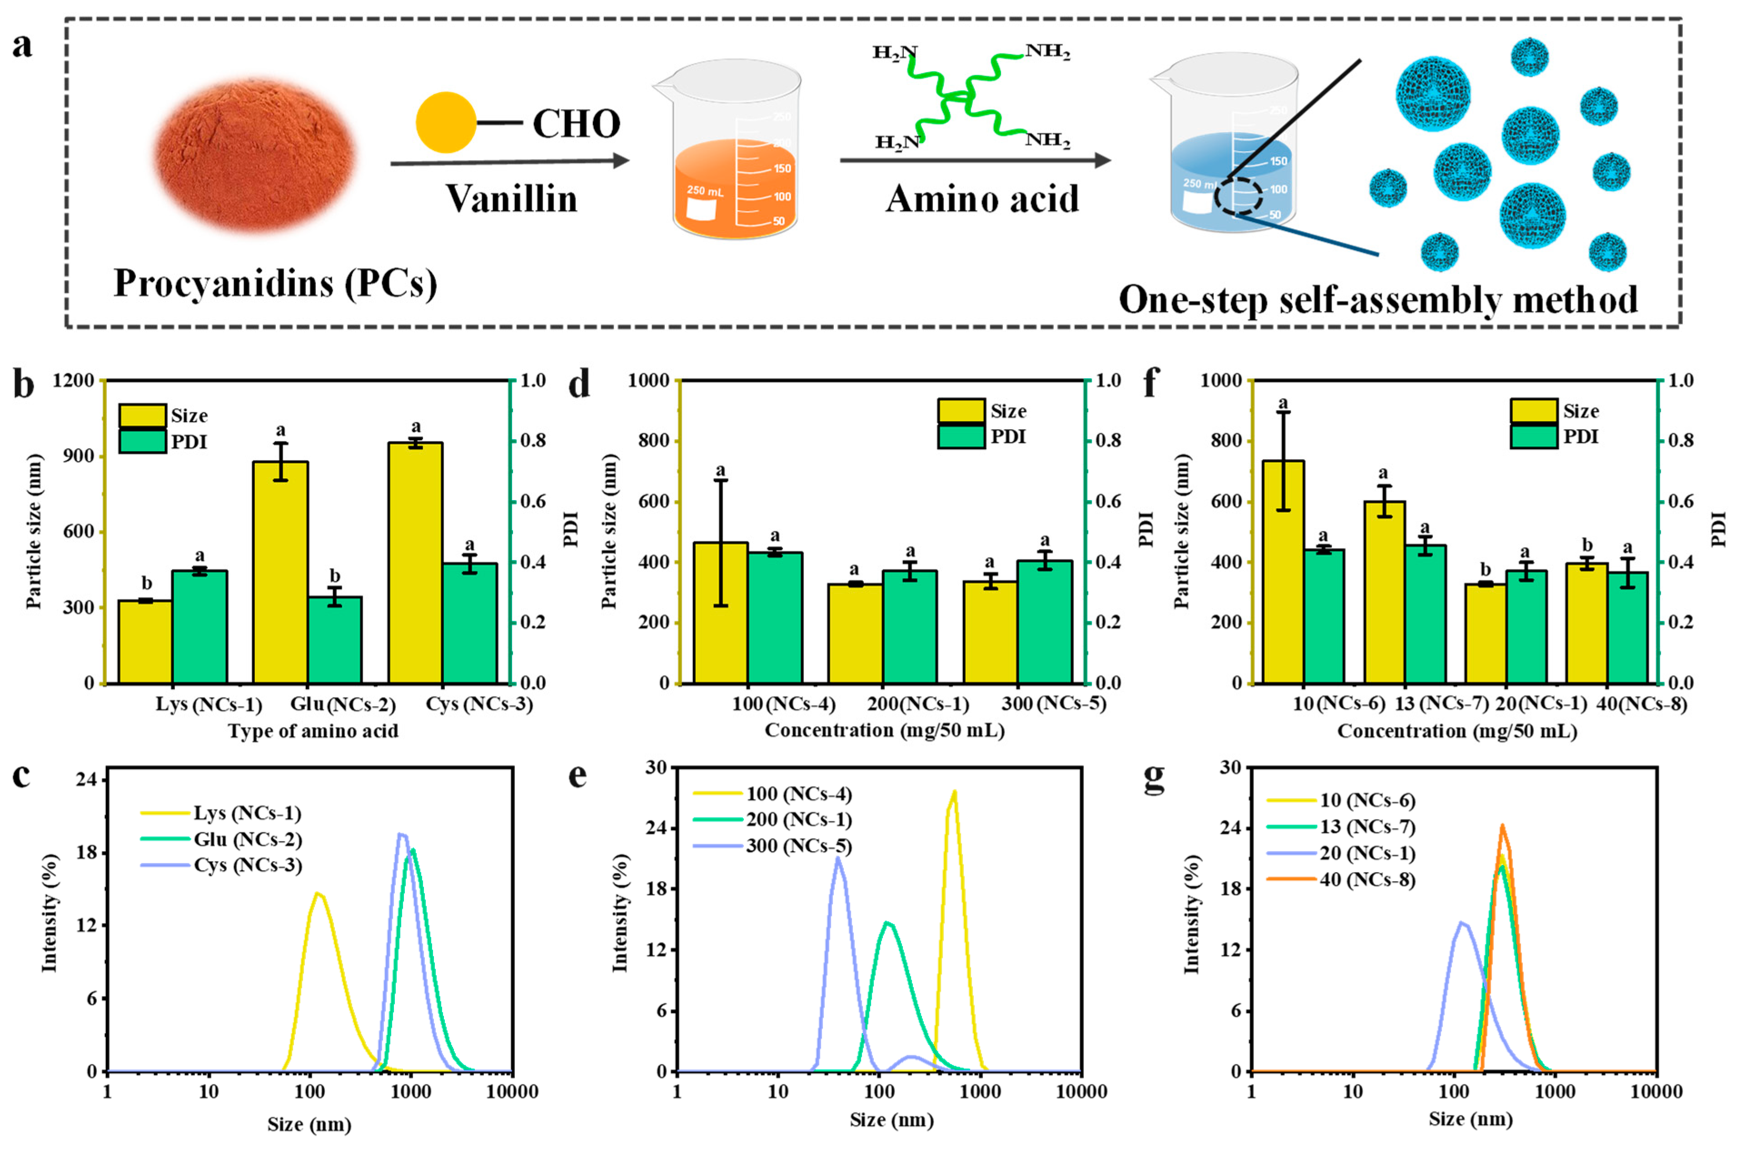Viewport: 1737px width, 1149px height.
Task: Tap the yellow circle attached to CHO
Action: pyautogui.click(x=445, y=122)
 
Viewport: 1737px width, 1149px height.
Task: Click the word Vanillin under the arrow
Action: pyautogui.click(x=511, y=199)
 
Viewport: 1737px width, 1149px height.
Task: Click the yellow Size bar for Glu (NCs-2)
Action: pyautogui.click(x=280, y=572)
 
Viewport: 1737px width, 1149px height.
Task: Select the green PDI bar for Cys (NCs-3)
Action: pyautogui.click(x=469, y=623)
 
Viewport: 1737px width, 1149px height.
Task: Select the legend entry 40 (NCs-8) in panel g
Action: pyautogui.click(x=1366, y=879)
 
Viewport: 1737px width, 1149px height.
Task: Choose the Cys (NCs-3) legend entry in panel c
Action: pyautogui.click(x=248, y=865)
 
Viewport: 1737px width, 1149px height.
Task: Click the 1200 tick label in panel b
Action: pyautogui.click(x=73, y=380)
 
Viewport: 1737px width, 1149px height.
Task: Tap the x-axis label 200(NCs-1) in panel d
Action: pyautogui.click(x=917, y=704)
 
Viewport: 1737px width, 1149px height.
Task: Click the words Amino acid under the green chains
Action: pyautogui.click(x=982, y=199)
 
